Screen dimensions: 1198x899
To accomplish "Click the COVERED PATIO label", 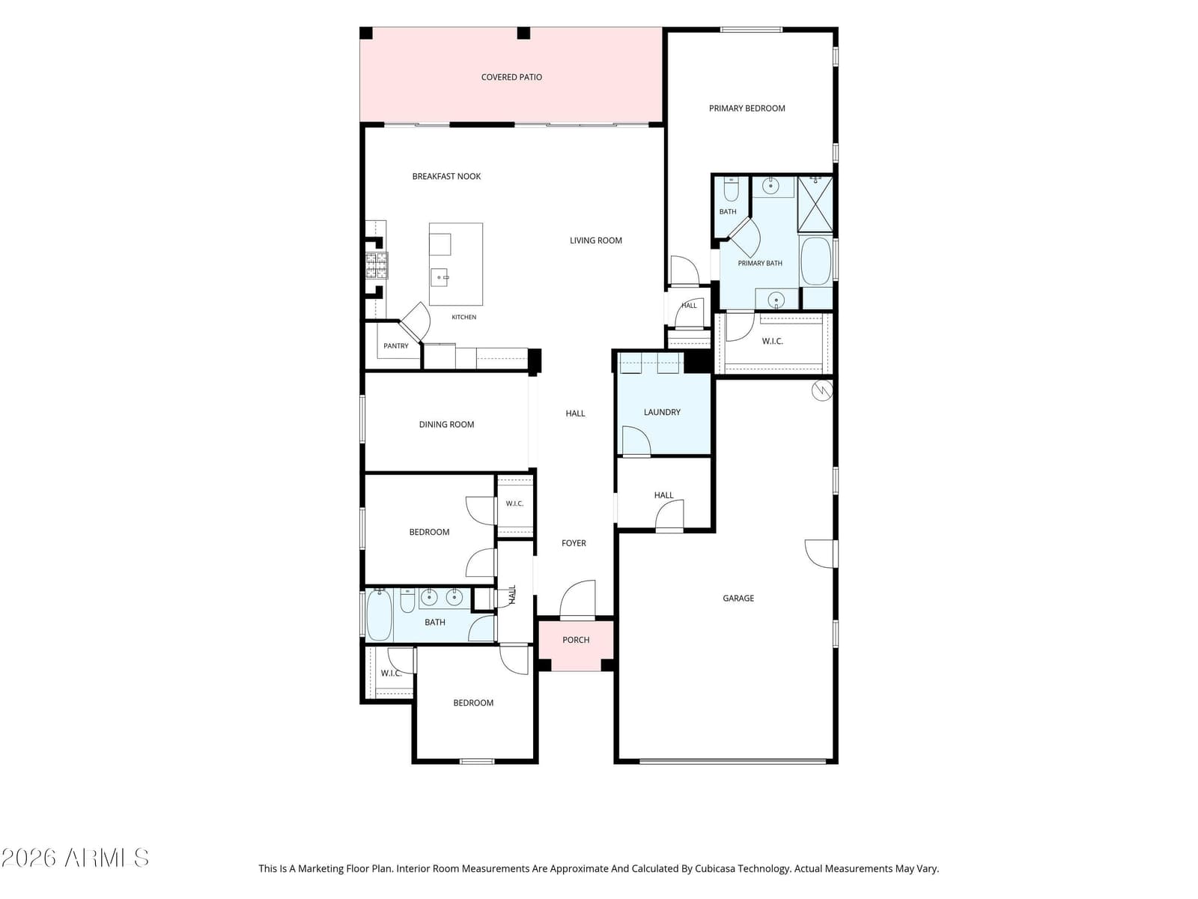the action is (x=511, y=77).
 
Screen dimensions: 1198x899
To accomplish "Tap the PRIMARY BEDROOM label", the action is (x=747, y=109).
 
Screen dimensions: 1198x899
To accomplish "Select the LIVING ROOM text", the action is (x=595, y=240).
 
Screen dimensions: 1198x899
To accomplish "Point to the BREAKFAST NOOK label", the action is (x=446, y=176).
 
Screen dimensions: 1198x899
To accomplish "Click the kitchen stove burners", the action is (x=376, y=266).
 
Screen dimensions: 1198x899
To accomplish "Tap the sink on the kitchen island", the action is (x=440, y=277).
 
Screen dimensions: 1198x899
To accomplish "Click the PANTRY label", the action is (x=395, y=346).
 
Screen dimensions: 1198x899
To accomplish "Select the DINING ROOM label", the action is (x=446, y=425).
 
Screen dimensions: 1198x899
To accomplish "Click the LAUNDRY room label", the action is (x=661, y=413).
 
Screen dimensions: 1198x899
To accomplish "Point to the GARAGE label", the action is (x=738, y=599).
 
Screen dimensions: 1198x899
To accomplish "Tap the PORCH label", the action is (x=576, y=641).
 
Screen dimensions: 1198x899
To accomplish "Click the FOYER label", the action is (x=574, y=544).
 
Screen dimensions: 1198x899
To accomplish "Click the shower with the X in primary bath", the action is (x=815, y=205).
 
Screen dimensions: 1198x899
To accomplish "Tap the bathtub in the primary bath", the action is (x=815, y=261).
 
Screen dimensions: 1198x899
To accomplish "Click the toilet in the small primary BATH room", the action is (x=730, y=190).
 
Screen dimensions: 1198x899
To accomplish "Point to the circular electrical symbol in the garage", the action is (x=822, y=391).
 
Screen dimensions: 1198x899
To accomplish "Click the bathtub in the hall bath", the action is (x=379, y=615).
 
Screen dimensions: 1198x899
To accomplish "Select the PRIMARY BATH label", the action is (x=760, y=264).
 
